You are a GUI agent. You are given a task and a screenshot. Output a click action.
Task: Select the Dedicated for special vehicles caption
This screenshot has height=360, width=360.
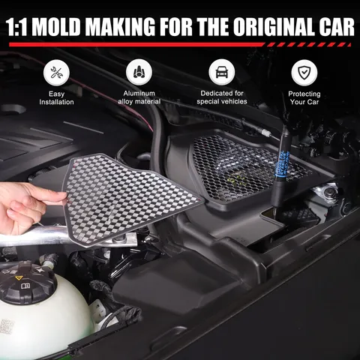click(x=222, y=97)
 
